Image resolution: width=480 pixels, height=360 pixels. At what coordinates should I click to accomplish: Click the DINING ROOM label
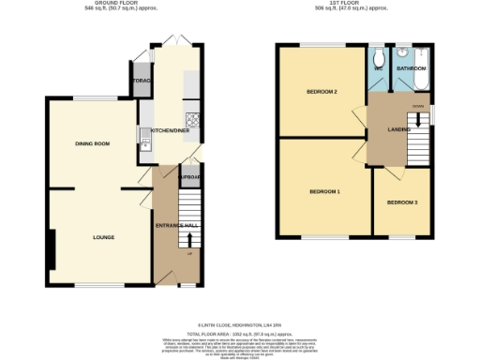pos(93,143)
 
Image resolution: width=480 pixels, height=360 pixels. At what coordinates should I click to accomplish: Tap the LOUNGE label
pos(104,237)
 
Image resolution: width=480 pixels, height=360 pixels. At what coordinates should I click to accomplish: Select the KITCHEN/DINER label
pos(171,130)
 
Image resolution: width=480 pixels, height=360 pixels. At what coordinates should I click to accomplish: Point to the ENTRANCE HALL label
pos(175,225)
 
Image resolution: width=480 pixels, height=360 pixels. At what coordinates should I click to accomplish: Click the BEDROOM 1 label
pos(324,191)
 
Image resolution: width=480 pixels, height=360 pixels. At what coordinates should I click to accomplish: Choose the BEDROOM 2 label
pos(322,91)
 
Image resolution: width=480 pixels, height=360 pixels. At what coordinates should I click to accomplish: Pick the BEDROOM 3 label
pos(402,202)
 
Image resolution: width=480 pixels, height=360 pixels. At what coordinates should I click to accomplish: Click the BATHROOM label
pos(412,68)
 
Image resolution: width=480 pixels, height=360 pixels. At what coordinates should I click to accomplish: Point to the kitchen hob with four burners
pos(193,118)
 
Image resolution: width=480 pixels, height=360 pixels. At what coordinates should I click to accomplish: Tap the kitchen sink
pos(145,141)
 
